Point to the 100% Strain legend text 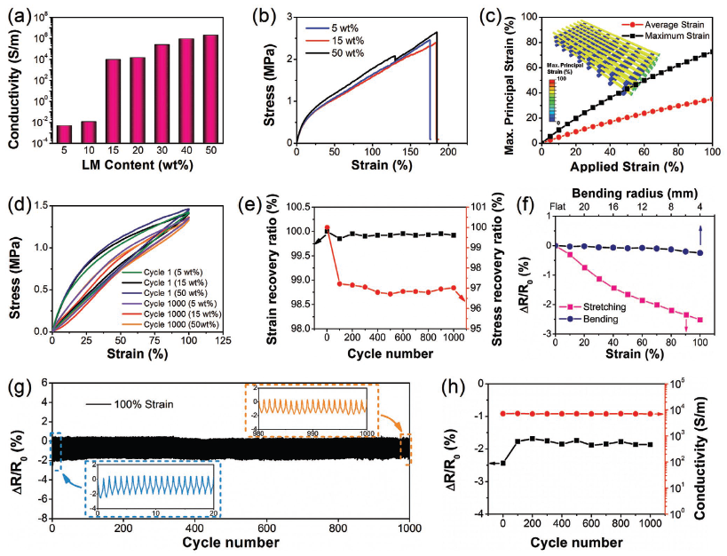coord(147,405)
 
